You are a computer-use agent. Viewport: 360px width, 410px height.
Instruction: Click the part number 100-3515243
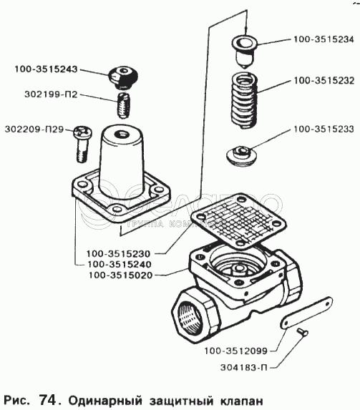(x=46, y=69)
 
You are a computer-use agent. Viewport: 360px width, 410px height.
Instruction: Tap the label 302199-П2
(x=51, y=94)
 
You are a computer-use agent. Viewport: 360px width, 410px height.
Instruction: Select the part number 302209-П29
(x=34, y=130)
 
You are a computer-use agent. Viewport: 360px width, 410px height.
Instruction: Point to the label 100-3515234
(x=323, y=39)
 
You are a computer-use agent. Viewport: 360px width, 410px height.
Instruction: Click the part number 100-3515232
(x=324, y=81)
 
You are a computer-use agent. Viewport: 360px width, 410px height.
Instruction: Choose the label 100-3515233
(x=324, y=130)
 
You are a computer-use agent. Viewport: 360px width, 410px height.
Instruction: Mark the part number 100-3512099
(x=235, y=351)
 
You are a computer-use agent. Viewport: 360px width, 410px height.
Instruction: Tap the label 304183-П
(x=243, y=367)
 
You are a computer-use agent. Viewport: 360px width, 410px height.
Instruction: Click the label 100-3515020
(x=121, y=275)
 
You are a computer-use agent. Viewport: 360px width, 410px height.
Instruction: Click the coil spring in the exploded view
(x=244, y=101)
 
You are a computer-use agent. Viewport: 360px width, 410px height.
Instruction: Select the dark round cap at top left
(x=123, y=77)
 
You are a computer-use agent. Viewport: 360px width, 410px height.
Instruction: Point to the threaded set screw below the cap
(x=123, y=105)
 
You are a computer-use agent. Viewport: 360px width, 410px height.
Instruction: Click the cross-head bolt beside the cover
(x=82, y=144)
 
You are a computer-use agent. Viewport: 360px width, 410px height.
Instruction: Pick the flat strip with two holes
(x=306, y=313)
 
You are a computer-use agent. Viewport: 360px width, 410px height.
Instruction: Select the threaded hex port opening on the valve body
(x=190, y=316)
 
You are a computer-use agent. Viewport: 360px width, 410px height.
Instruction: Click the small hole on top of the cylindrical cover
(x=122, y=134)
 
